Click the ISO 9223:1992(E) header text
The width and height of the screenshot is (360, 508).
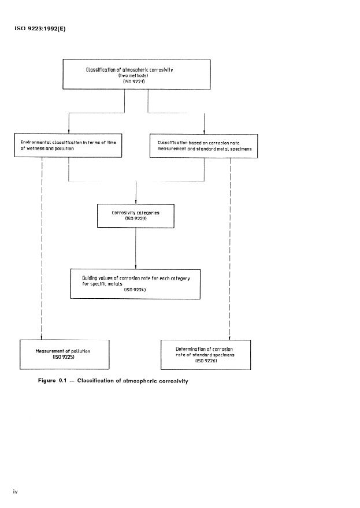click(40, 29)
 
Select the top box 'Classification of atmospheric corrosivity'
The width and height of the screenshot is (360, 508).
click(136, 74)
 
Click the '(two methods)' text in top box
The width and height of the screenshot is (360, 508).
click(136, 76)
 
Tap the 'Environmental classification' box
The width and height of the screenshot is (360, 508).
click(68, 145)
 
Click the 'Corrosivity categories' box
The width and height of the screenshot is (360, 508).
click(135, 216)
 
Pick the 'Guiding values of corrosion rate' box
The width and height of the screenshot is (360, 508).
click(135, 284)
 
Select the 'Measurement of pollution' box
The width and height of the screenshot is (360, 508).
click(64, 354)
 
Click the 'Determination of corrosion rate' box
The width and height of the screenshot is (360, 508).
click(205, 354)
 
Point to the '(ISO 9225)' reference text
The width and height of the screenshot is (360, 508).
click(64, 358)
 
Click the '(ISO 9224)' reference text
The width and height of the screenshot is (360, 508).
click(135, 290)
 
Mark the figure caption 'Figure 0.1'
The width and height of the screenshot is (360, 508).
click(59, 381)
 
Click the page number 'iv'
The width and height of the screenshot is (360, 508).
click(17, 491)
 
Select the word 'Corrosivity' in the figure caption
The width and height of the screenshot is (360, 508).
click(168, 381)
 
